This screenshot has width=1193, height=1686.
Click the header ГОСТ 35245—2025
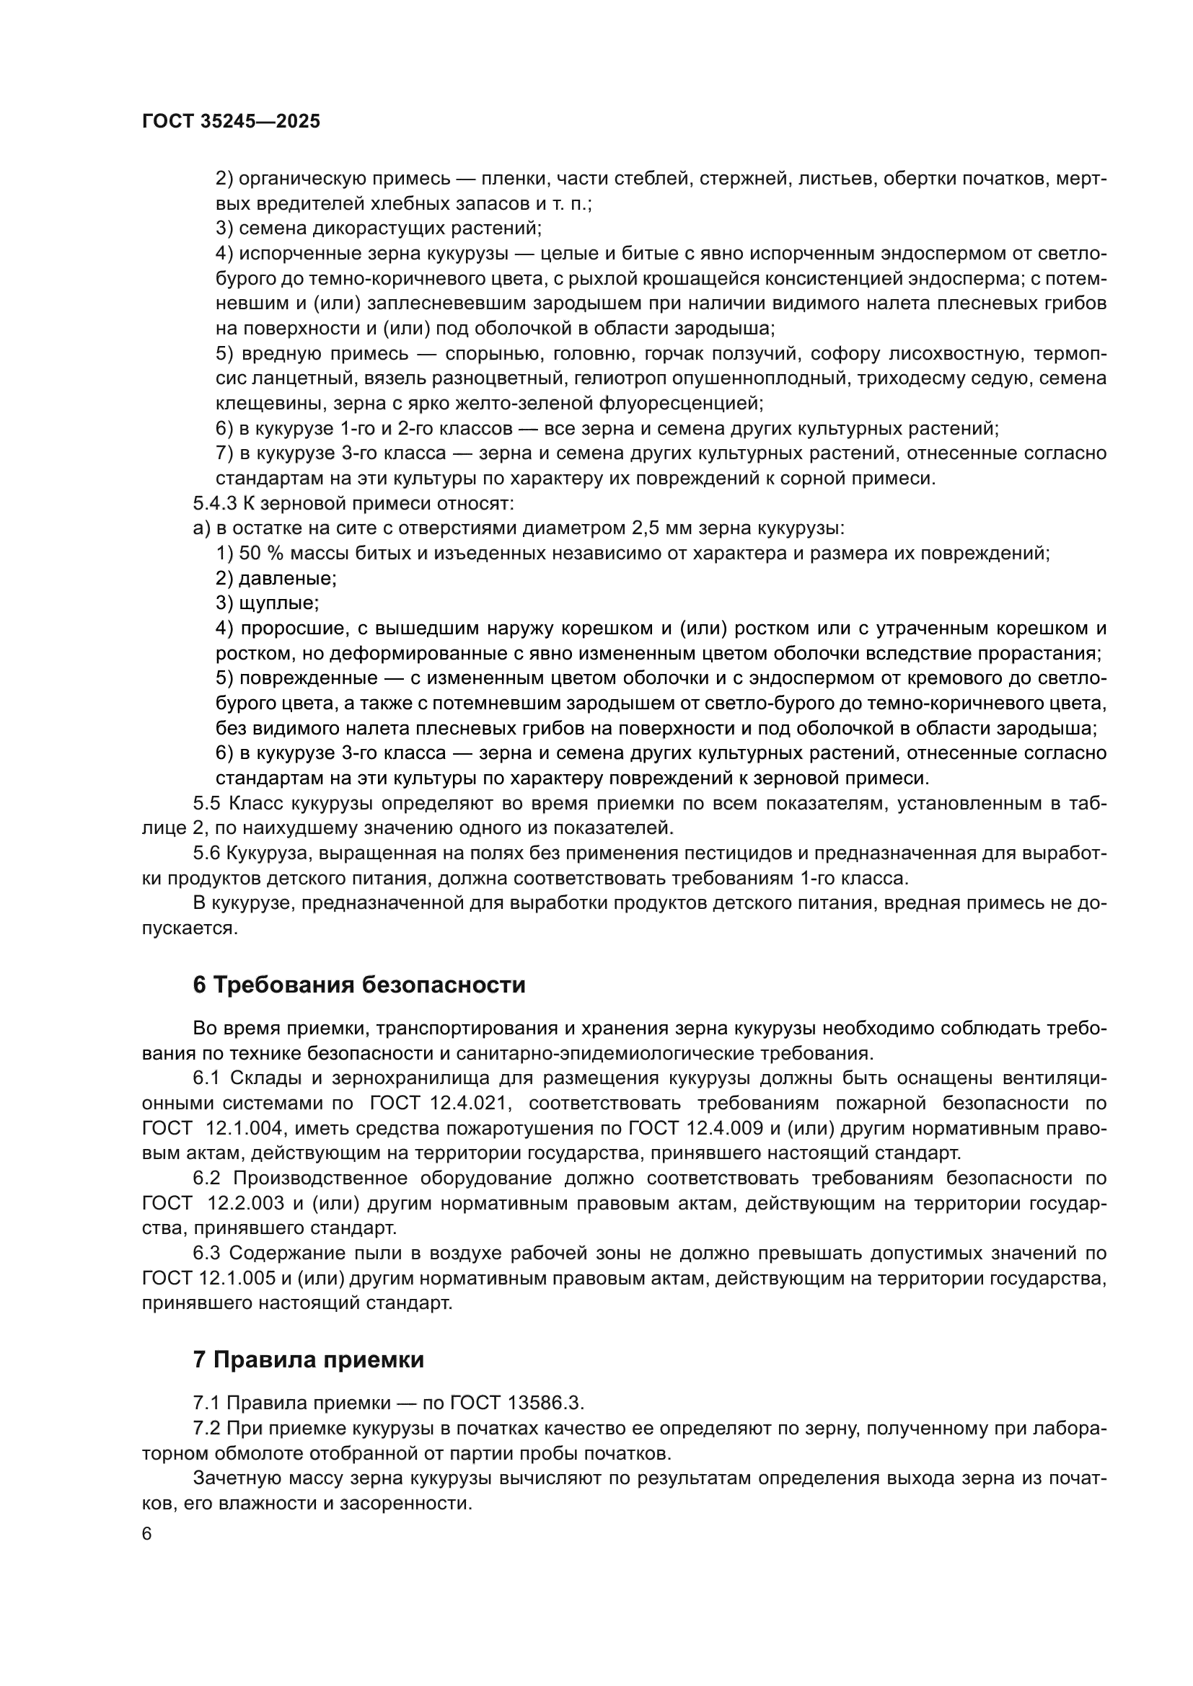coord(232,122)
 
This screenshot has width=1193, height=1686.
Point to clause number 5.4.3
coord(213,504)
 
